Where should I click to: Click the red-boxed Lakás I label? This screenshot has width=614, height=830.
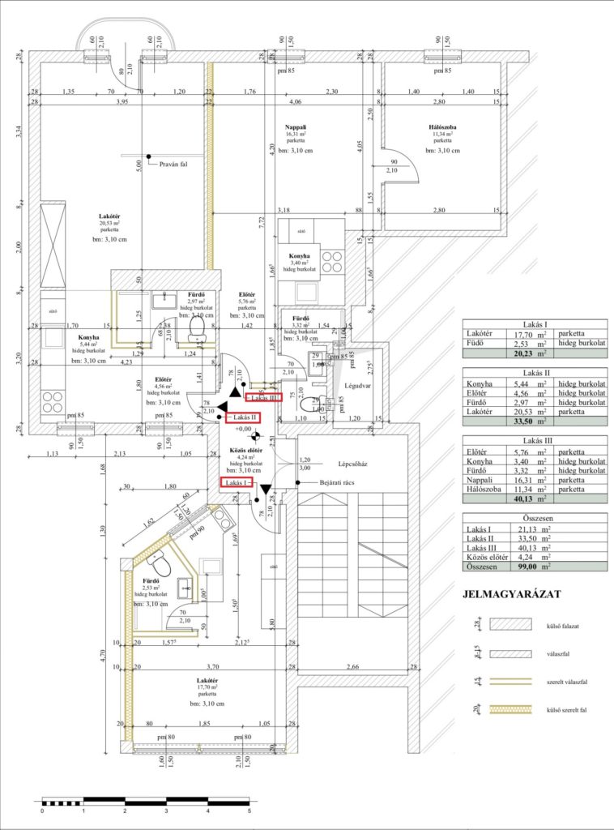point(237,482)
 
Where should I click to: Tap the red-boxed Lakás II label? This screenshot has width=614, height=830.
point(242,417)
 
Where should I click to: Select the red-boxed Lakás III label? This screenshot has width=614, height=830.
point(264,398)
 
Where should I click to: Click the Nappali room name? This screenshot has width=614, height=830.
point(295,127)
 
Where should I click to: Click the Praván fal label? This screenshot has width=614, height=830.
point(173,163)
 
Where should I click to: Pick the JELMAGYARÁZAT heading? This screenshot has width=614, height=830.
point(511,594)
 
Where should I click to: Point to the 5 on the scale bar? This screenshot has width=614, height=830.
point(249,810)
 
